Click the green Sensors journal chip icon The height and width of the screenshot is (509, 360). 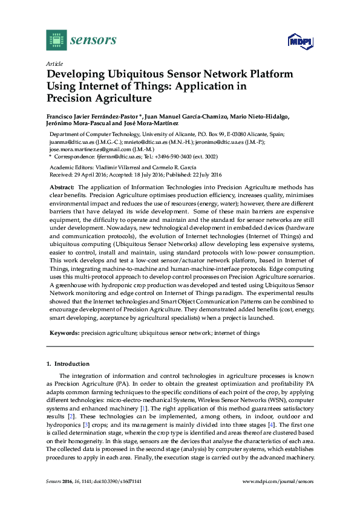56,40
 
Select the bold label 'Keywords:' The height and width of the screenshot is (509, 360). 65,332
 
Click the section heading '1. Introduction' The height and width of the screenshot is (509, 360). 68,364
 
